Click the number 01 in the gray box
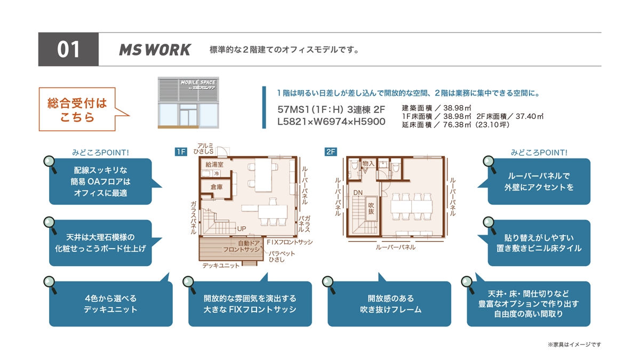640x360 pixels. [68, 50]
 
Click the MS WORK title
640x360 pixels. [155, 50]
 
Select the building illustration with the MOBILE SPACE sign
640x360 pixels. [188, 102]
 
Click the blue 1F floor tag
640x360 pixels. [181, 151]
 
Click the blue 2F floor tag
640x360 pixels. [331, 151]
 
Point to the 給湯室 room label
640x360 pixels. [214, 164]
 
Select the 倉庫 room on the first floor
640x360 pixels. [217, 187]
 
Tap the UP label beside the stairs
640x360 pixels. [242, 229]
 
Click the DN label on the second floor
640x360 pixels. [358, 193]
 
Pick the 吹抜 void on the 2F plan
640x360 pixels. [371, 209]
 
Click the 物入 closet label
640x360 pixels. [368, 163]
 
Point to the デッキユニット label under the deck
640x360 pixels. [221, 266]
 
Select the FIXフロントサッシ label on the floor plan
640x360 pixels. [290, 242]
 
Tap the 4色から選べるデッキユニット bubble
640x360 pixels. [111, 303]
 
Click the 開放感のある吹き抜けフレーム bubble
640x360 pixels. [389, 303]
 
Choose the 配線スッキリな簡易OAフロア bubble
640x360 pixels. [101, 181]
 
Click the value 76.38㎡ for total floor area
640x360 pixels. [457, 125]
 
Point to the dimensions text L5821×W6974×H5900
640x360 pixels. [331, 122]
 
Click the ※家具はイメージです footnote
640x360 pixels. [574, 345]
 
